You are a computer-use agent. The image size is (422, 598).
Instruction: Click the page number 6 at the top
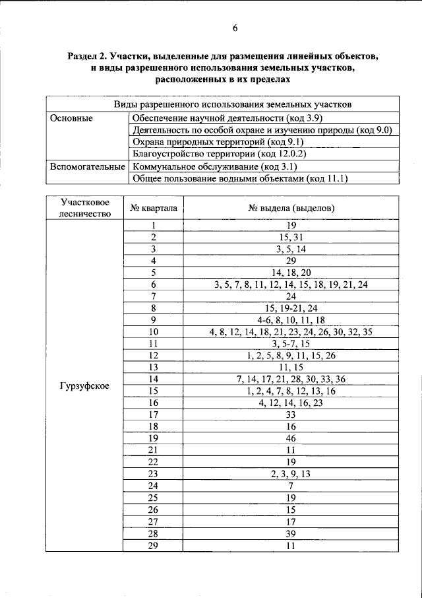pyautogui.click(x=235, y=28)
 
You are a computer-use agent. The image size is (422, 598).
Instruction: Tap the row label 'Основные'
pyautogui.click(x=71, y=117)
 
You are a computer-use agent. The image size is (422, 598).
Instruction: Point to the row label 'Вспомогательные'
pyautogui.click(x=87, y=166)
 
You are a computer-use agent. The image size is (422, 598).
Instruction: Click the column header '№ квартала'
pyautogui.click(x=153, y=208)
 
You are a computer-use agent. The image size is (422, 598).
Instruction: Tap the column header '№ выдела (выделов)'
pyautogui.click(x=291, y=208)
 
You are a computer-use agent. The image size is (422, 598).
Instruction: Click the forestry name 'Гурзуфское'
pyautogui.click(x=84, y=385)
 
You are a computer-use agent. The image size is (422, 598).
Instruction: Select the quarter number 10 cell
pyautogui.click(x=154, y=332)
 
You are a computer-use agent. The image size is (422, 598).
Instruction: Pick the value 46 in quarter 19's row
pyautogui.click(x=291, y=438)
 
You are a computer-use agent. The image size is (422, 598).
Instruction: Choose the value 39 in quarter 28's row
pyautogui.click(x=291, y=533)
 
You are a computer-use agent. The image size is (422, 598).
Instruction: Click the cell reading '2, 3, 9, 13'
pyautogui.click(x=291, y=474)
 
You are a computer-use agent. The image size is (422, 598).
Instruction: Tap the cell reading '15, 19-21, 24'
pyautogui.click(x=291, y=308)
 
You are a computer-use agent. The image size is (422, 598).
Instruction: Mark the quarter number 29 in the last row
pyautogui.click(x=154, y=545)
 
